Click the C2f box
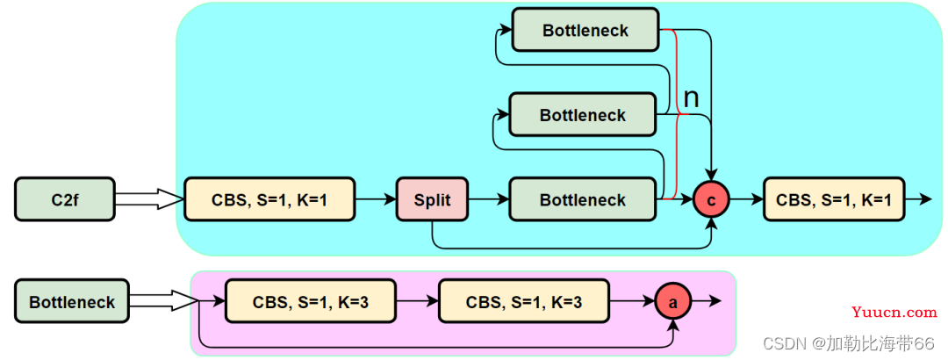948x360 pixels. (x=65, y=199)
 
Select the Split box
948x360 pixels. (x=432, y=199)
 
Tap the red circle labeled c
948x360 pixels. (x=711, y=199)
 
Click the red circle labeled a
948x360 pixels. (x=673, y=301)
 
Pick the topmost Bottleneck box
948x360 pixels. (x=585, y=29)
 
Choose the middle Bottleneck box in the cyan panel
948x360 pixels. (x=583, y=114)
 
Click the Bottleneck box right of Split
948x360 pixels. (x=583, y=199)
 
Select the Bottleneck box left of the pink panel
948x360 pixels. (x=72, y=300)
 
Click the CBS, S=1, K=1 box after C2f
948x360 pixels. (x=269, y=199)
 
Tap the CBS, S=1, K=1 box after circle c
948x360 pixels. (x=834, y=199)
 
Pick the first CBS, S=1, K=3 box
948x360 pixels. (x=311, y=300)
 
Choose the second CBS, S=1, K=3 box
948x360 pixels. (x=524, y=300)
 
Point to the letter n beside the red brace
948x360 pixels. (x=691, y=97)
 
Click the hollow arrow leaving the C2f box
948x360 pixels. (x=149, y=199)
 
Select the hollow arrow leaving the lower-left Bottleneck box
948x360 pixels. (x=164, y=300)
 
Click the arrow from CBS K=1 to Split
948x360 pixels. (x=376, y=199)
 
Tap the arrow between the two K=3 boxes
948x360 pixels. (x=418, y=300)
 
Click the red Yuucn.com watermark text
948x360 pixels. (x=894, y=313)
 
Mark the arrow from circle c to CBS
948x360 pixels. (x=747, y=199)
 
